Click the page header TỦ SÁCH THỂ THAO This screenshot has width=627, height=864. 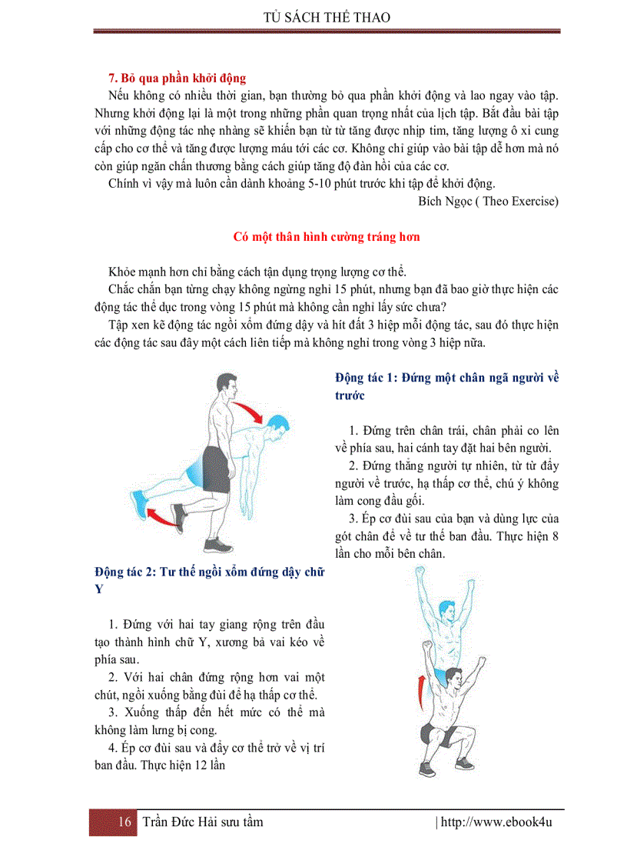pyautogui.click(x=327, y=16)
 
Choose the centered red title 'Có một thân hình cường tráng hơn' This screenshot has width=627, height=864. pyautogui.click(x=327, y=237)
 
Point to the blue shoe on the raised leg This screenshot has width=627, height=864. pyautogui.click(x=140, y=502)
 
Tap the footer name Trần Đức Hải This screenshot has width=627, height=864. pyautogui.click(x=181, y=822)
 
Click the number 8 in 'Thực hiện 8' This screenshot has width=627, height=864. pyautogui.click(x=555, y=536)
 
